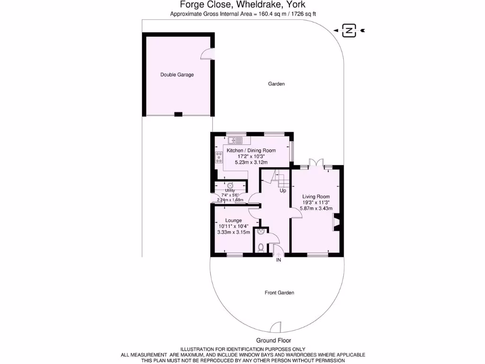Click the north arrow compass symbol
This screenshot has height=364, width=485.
[x=349, y=31]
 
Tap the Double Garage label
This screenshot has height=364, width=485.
[x=177, y=75]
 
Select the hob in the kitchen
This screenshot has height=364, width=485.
[x=219, y=158]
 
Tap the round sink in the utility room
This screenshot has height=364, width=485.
[x=231, y=185]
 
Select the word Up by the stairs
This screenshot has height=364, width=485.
[x=283, y=191]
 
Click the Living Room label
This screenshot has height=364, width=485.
[x=316, y=197]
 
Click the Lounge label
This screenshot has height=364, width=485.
[x=234, y=220]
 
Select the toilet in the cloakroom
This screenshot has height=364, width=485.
[x=260, y=247]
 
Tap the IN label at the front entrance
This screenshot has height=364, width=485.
[x=279, y=260]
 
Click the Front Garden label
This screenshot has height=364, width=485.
[x=279, y=293]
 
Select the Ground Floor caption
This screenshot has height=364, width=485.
[x=273, y=340]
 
